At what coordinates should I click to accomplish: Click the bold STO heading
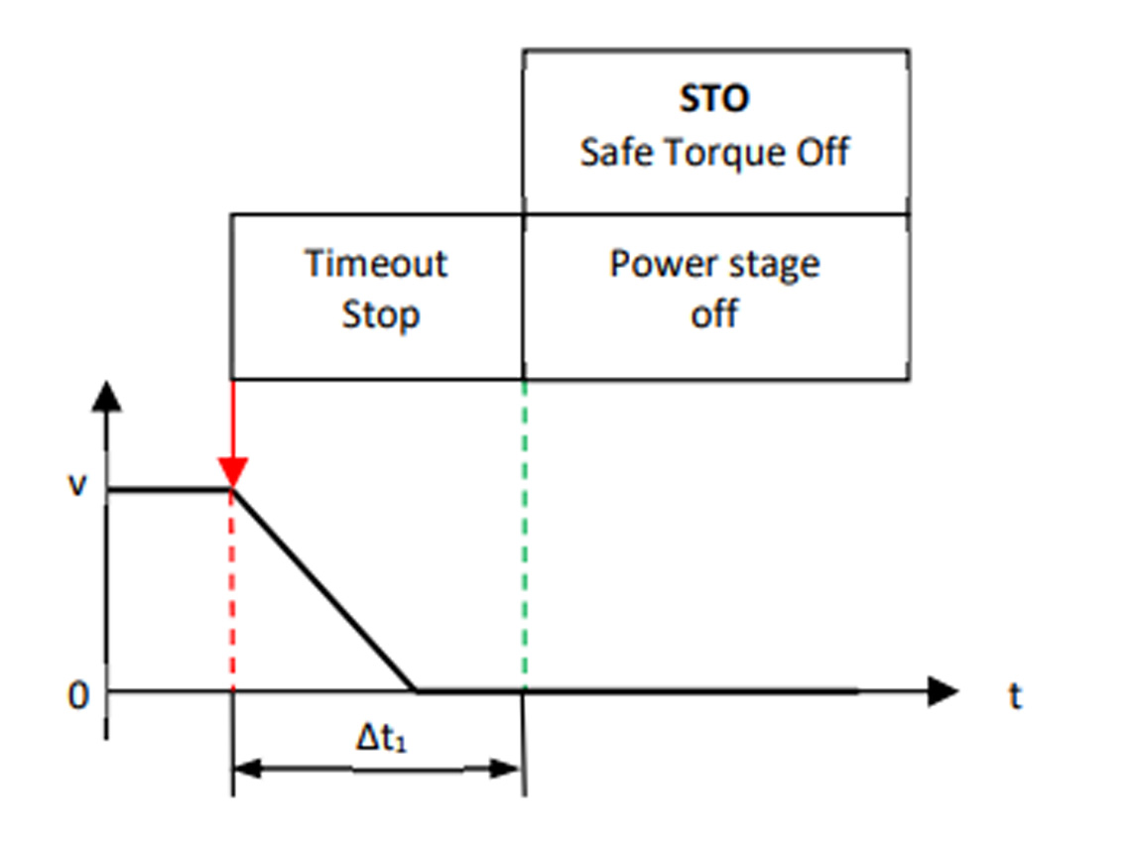coord(714,99)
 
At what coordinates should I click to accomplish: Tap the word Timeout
coord(376,265)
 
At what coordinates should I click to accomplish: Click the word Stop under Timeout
coord(381,316)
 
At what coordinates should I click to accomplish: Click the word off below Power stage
coord(714,315)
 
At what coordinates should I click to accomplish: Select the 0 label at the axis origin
coord(78,696)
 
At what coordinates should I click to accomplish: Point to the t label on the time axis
coord(1014,696)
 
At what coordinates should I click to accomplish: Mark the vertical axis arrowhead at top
coord(106,397)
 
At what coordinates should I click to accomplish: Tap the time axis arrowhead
coord(942,690)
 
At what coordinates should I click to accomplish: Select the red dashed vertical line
coord(232,595)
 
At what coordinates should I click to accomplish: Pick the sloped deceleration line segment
coord(323,589)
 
